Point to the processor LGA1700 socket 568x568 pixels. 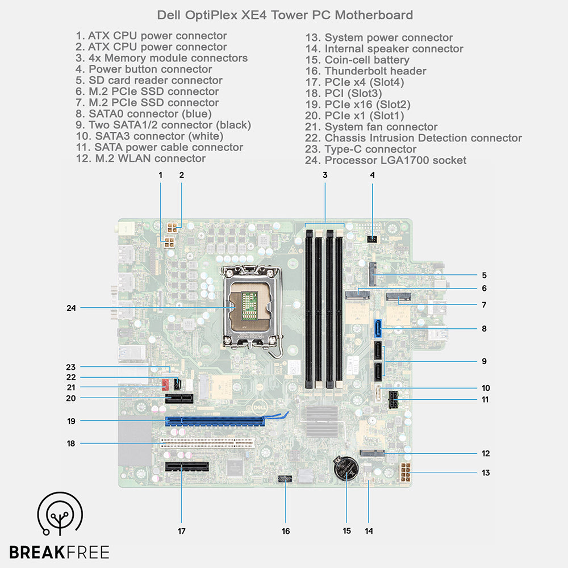click(249, 308)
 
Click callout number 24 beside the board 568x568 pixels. click(70, 308)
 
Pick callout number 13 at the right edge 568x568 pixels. click(485, 473)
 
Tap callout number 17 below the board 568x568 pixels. click(182, 531)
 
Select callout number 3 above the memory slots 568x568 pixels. click(325, 175)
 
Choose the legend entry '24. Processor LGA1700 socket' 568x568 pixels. click(386, 160)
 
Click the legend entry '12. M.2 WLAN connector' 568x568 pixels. click(140, 158)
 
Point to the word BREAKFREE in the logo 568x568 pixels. click(59, 552)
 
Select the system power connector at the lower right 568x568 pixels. click(406, 473)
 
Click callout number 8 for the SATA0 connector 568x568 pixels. click(483, 328)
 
